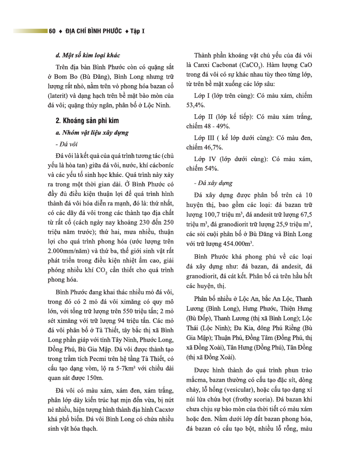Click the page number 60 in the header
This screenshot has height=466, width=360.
coord(52,31)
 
